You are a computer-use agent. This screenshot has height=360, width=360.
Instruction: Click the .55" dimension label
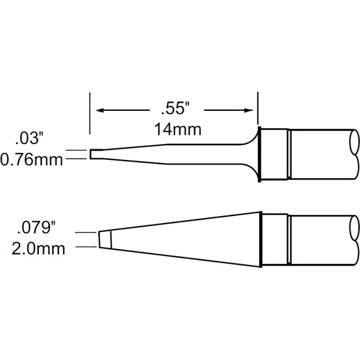click(x=175, y=109)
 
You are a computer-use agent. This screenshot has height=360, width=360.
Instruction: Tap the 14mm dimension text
click(x=178, y=130)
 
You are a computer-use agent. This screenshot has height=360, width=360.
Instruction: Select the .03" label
click(x=29, y=138)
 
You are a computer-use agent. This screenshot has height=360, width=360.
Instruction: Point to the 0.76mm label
click(x=32, y=160)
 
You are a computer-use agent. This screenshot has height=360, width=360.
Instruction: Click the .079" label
click(x=36, y=228)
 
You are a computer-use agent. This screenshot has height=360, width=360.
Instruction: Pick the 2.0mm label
click(x=38, y=249)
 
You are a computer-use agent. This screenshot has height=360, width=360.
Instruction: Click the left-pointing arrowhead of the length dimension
click(x=100, y=111)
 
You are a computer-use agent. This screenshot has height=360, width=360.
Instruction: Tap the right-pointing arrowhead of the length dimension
click(x=248, y=111)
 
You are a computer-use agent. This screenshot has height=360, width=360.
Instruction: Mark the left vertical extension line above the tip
click(x=90, y=113)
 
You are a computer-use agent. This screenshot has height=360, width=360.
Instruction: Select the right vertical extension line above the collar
click(x=258, y=108)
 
